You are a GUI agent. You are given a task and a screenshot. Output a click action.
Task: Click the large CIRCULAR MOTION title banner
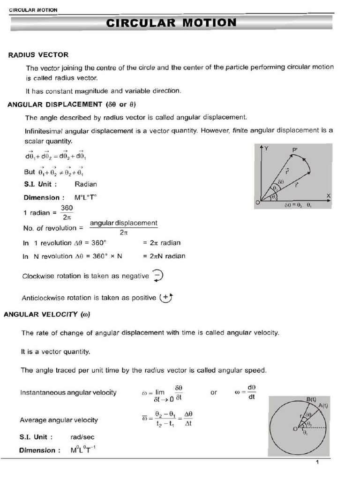tap(172, 22)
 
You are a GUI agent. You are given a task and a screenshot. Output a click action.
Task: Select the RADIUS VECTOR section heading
tap(38, 55)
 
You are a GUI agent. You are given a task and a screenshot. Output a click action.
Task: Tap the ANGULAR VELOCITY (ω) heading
tap(46, 315)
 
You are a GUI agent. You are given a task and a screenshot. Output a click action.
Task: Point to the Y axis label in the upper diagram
tap(267, 148)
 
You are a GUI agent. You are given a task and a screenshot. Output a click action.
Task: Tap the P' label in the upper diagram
tap(295, 150)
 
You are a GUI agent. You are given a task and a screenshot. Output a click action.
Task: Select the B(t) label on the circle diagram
tap(311, 399)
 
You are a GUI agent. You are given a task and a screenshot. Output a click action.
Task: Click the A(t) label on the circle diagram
tap(323, 405)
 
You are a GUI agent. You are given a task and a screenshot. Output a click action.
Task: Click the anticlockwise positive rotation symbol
tap(166, 297)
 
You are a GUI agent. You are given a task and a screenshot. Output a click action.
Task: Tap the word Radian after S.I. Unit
tap(86, 184)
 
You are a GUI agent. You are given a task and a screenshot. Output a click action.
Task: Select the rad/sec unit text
tap(82, 437)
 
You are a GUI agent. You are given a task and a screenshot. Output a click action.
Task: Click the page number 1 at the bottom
tap(317, 463)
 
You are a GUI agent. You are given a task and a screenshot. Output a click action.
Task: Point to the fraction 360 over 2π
tap(67, 212)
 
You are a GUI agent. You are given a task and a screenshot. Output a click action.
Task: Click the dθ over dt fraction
tap(252, 392)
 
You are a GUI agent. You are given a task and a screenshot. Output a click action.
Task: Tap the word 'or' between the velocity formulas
tap(214, 392)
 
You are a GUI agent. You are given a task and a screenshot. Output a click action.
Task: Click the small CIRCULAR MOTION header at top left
tap(33, 10)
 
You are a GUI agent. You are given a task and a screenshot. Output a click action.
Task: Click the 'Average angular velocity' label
tap(59, 420)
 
